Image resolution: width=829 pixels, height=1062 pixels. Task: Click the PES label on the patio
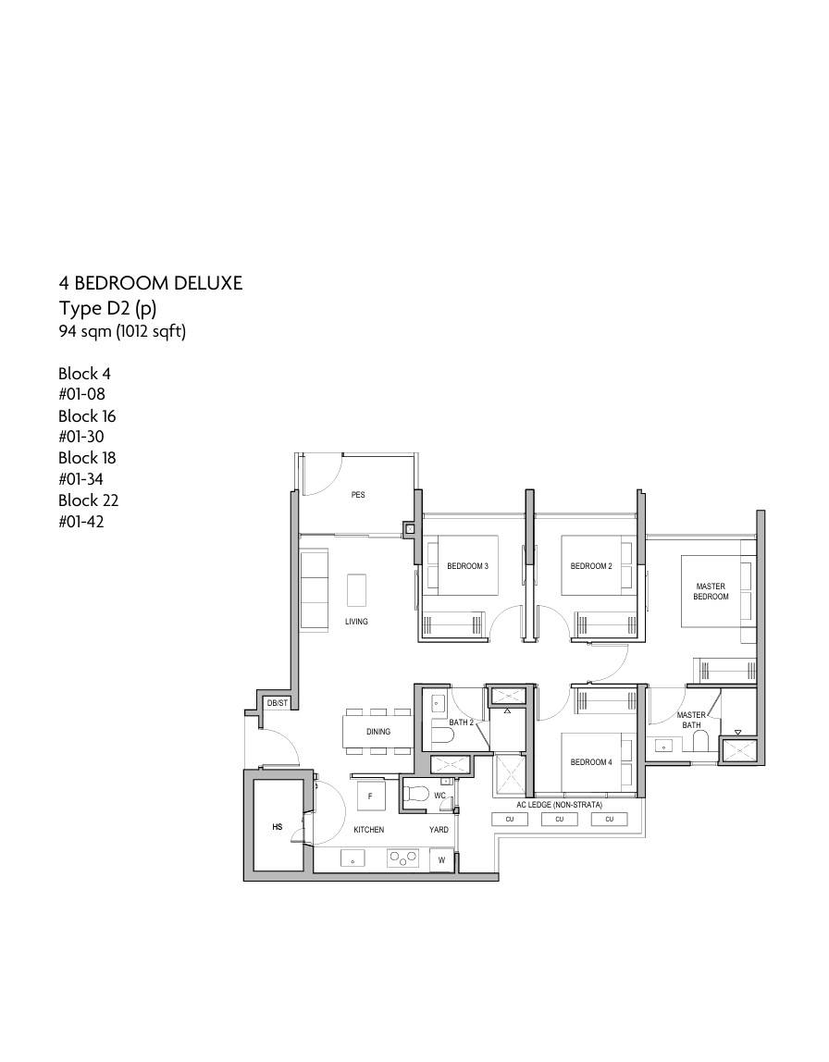coord(358,495)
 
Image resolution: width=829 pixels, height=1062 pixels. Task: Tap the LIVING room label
coord(356,621)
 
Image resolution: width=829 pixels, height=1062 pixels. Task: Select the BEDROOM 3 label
coord(467,566)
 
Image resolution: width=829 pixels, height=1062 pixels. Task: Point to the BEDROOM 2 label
coord(591,566)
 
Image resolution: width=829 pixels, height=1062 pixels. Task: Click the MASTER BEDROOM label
coord(711,591)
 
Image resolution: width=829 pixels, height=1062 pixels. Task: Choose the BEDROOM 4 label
coord(591,762)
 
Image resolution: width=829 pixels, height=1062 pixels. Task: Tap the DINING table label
coord(377,732)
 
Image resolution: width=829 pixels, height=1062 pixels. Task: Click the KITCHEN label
coord(368,830)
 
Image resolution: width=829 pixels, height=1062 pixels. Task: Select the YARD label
coord(439,830)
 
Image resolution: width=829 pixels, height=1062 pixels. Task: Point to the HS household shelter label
coord(277,827)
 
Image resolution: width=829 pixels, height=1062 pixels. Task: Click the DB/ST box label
coord(277,703)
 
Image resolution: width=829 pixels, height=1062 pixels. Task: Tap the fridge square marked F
coord(370,796)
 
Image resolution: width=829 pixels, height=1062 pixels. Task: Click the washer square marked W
coord(441,860)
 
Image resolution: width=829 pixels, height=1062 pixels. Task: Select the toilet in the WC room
coord(414,794)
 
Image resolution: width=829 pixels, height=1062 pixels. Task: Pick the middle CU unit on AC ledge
coord(560,819)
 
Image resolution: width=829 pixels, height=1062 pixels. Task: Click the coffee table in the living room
coord(356,590)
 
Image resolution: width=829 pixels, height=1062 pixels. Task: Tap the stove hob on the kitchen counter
coord(403,858)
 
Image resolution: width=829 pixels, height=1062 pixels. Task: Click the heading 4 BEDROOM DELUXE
coord(151,283)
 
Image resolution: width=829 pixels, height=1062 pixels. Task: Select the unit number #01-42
coord(81,522)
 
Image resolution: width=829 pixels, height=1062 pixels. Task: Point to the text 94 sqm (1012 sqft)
coord(122,331)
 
